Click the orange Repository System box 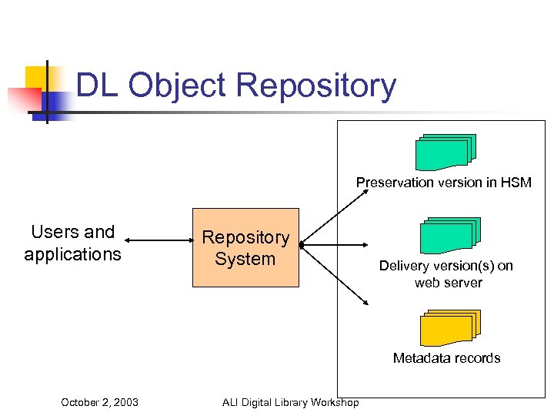point(245,247)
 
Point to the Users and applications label point(72,243)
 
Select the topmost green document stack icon point(446,152)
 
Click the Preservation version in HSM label point(443,183)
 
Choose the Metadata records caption point(446,358)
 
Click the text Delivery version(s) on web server point(446,274)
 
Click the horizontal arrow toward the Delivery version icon point(339,245)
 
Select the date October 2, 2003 point(99,401)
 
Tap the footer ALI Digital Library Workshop point(290,401)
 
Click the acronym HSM point(516,183)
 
